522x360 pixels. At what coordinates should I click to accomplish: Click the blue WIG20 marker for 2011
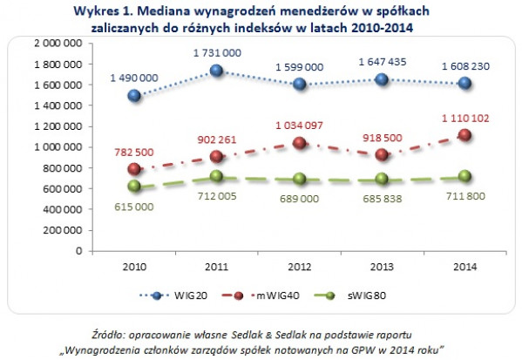pyautogui.click(x=217, y=71)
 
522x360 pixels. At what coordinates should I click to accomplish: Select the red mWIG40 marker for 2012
pyautogui.click(x=300, y=143)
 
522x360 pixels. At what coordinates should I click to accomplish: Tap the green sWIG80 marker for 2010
pyautogui.click(x=134, y=186)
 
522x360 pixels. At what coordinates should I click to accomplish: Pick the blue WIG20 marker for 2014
pyautogui.click(x=464, y=83)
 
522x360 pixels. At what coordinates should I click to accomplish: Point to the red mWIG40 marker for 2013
pyautogui.click(x=382, y=155)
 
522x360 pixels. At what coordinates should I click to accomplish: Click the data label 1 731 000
pyautogui.click(x=217, y=53)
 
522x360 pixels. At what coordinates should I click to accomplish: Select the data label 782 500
pyautogui.click(x=134, y=153)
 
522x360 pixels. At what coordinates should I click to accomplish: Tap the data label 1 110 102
pyautogui.click(x=465, y=119)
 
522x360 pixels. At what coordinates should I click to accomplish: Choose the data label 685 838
pyautogui.click(x=383, y=199)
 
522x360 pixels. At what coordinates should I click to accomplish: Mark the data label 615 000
pyautogui.click(x=134, y=207)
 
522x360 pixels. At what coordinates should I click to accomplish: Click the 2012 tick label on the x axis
pyautogui.click(x=300, y=267)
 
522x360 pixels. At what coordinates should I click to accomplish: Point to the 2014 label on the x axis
pyautogui.click(x=465, y=267)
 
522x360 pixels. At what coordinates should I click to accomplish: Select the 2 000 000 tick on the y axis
pyautogui.click(x=58, y=43)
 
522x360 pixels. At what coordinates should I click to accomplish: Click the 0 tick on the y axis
pyautogui.click(x=79, y=250)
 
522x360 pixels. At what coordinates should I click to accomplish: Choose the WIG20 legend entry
pyautogui.click(x=173, y=295)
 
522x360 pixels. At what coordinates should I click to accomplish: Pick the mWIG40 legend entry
pyautogui.click(x=261, y=295)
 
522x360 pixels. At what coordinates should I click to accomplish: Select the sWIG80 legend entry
pyautogui.click(x=349, y=295)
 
